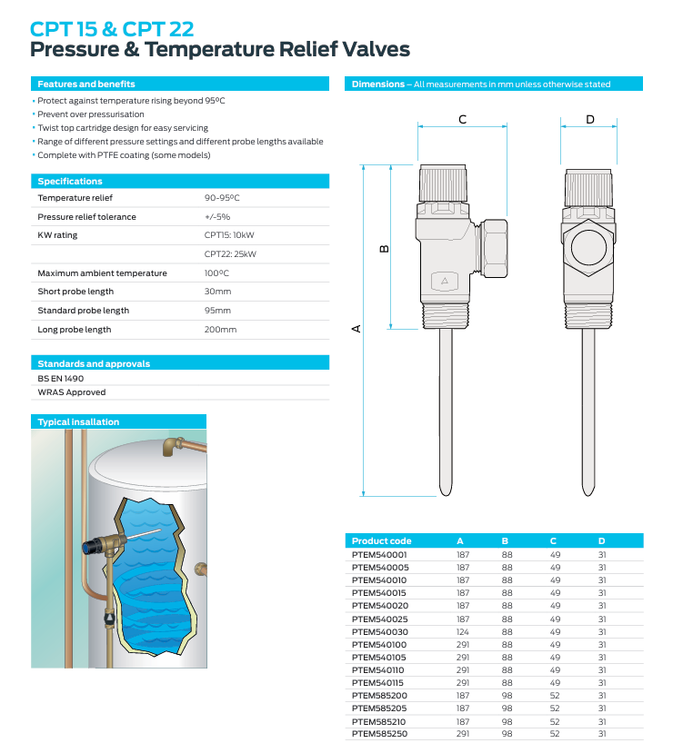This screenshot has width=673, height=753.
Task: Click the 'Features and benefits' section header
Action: (x=86, y=84)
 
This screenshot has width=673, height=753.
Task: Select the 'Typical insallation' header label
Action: (x=78, y=421)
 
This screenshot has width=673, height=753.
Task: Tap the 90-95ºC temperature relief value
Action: (x=222, y=197)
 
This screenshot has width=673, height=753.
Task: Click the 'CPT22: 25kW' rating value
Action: (x=230, y=253)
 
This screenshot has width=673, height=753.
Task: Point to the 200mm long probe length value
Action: (x=220, y=329)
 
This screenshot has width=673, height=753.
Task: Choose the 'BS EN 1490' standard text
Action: (x=60, y=378)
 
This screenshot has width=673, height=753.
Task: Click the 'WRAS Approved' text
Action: (x=71, y=392)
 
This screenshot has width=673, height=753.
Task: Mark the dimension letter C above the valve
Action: (x=462, y=119)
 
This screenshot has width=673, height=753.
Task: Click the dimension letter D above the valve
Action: (x=589, y=119)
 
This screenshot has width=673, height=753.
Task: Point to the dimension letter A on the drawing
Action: (x=357, y=329)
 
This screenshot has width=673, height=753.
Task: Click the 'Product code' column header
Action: (x=381, y=540)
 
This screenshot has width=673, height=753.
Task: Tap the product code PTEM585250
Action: (x=379, y=733)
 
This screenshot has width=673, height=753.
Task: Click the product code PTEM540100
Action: (x=379, y=644)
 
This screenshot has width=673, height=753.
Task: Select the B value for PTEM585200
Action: (x=507, y=695)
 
